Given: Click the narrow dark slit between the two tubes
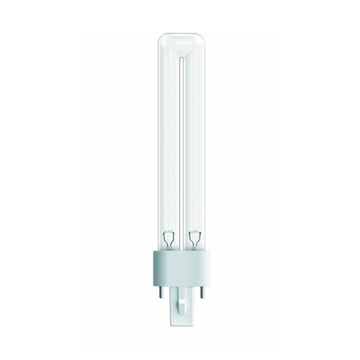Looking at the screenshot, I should point(180,150).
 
